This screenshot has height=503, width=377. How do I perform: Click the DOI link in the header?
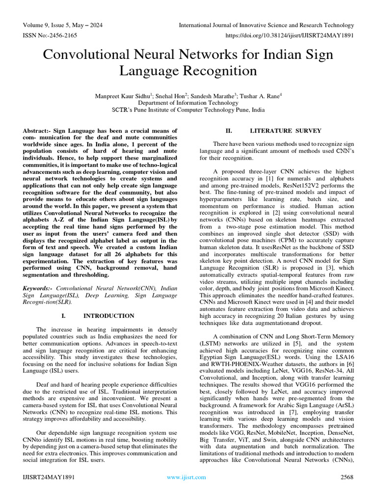point(289,36)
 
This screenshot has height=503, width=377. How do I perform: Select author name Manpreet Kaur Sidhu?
point(125,96)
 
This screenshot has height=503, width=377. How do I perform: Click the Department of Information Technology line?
point(188,103)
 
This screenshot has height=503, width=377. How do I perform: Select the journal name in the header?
point(266,25)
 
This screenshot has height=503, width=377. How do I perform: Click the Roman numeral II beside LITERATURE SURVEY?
point(228,131)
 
